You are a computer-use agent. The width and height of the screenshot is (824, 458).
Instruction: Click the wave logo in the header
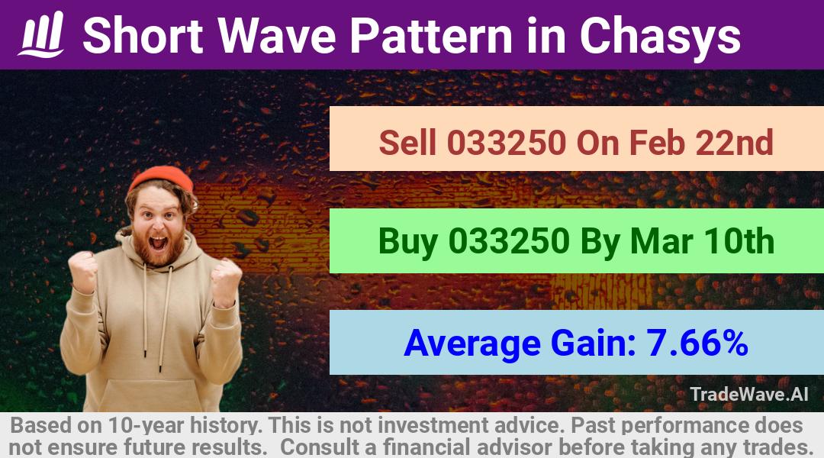click(x=41, y=34)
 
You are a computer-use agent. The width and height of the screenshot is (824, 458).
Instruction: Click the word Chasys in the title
click(x=660, y=37)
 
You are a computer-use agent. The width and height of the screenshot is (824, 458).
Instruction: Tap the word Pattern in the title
click(x=431, y=36)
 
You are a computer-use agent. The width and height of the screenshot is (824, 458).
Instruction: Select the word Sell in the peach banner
click(x=407, y=143)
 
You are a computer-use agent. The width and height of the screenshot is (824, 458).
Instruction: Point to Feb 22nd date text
click(x=701, y=143)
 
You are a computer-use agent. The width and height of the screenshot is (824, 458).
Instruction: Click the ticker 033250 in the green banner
click(x=509, y=241)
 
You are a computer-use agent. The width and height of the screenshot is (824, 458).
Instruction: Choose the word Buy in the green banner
click(x=407, y=243)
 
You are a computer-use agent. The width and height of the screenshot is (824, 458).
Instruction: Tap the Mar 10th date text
click(x=702, y=241)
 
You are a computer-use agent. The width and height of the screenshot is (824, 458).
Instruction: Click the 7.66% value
click(x=697, y=343)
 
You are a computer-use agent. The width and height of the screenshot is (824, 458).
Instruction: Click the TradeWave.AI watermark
click(x=749, y=395)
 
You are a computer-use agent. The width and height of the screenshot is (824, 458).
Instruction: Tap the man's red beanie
click(x=160, y=179)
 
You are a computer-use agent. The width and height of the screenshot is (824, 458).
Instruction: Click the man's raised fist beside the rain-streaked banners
click(x=226, y=282)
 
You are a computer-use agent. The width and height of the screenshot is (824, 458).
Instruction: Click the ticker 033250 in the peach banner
click(x=507, y=143)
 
